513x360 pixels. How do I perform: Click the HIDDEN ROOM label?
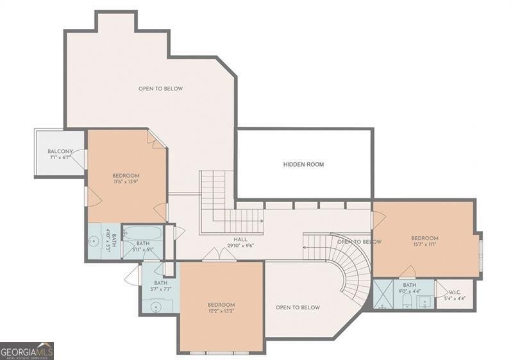tap(303, 164)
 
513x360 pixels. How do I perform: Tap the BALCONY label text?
tap(60, 151)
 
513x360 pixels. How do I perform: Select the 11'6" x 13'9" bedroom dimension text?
tap(126, 182)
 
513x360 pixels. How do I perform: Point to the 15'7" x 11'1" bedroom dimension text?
tap(425, 245)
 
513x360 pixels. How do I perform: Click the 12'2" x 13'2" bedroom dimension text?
tap(221, 311)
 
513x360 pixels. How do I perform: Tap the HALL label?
tap(240, 239)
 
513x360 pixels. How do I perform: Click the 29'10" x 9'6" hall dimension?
tap(240, 245)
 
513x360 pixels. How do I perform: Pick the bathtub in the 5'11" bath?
tap(142, 234)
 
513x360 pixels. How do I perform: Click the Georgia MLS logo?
tap(27, 351)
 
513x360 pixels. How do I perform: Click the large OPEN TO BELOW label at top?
tap(160, 89)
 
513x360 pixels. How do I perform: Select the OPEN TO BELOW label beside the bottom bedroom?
tap(298, 307)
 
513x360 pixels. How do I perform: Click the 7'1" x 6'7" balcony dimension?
tap(59, 158)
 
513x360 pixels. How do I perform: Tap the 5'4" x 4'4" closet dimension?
tap(455, 298)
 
